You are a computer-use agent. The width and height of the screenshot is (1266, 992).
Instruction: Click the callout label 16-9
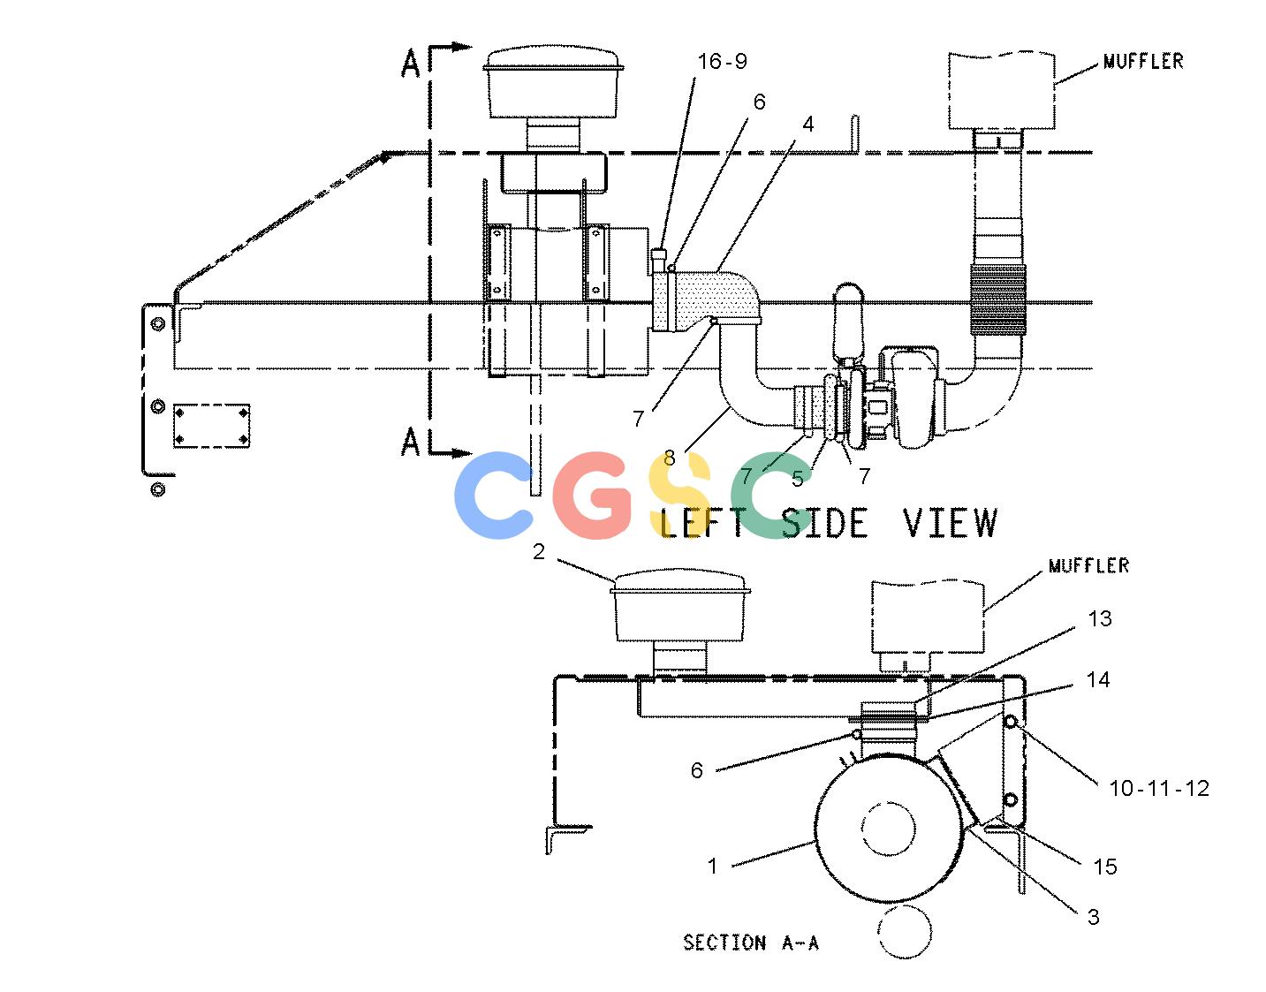(x=722, y=61)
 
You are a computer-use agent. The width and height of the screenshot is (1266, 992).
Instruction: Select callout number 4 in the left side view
(x=807, y=124)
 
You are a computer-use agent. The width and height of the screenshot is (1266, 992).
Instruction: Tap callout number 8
(x=670, y=458)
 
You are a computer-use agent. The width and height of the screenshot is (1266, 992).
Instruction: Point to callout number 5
(x=798, y=479)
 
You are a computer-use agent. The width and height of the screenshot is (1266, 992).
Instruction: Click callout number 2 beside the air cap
(x=539, y=551)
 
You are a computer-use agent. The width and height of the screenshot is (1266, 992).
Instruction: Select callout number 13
(x=1100, y=618)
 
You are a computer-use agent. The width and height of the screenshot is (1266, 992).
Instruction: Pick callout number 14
(x=1098, y=680)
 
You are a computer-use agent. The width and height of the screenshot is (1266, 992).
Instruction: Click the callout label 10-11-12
(x=1159, y=789)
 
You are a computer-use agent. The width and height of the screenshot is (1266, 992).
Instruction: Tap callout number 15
(x=1104, y=867)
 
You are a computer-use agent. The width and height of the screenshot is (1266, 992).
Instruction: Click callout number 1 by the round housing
(x=712, y=867)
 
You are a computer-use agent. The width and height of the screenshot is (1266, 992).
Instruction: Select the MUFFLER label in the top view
(x=1144, y=61)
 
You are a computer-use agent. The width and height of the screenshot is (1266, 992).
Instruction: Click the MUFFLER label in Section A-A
(x=1089, y=565)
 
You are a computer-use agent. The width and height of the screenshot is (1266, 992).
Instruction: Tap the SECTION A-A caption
(x=751, y=943)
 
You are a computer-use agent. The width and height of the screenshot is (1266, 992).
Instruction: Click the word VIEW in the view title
(x=951, y=523)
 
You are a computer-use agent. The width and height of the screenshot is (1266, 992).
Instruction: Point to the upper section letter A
(x=410, y=64)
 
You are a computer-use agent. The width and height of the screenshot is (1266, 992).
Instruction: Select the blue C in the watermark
(x=494, y=496)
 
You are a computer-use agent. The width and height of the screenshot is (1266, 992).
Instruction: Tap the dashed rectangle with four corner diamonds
(x=211, y=426)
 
